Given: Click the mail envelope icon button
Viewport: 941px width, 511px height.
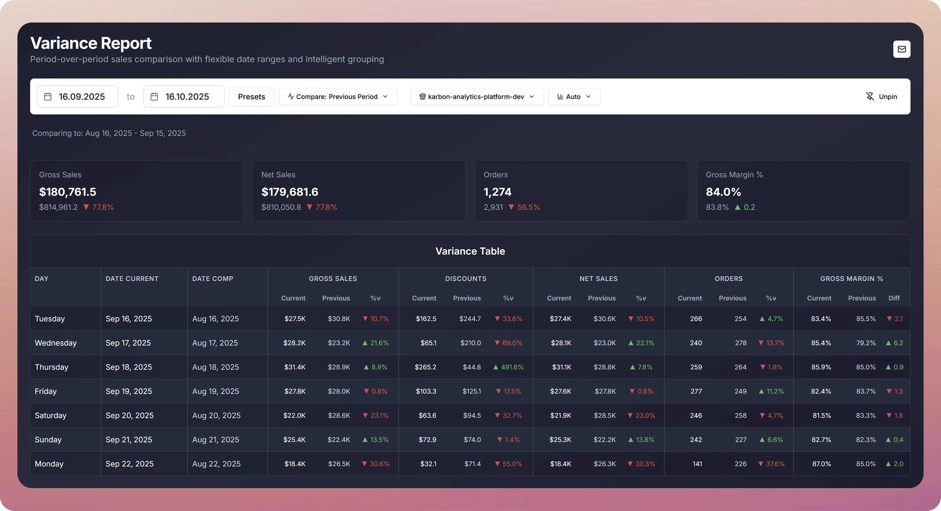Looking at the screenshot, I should point(902,49).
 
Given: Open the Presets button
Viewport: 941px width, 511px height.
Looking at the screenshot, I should point(251,96).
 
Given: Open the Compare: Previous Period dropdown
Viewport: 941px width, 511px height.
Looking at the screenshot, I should point(337,96).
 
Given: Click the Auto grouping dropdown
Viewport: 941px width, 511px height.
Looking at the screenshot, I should point(574,96).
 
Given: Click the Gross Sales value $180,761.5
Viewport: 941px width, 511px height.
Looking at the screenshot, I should point(68,192).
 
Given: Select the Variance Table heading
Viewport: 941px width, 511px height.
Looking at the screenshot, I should point(470,251).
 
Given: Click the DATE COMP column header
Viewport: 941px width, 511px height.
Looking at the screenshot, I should point(213,279).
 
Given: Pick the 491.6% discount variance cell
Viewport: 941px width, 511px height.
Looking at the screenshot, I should point(508,367).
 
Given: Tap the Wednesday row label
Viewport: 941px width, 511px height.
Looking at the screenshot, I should point(56,343).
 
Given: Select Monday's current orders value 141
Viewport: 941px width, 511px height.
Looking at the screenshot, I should point(697,463).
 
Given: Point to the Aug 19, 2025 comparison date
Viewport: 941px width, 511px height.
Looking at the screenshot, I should point(215,391).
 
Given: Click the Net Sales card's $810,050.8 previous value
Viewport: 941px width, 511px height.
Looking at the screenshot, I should point(281,207).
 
